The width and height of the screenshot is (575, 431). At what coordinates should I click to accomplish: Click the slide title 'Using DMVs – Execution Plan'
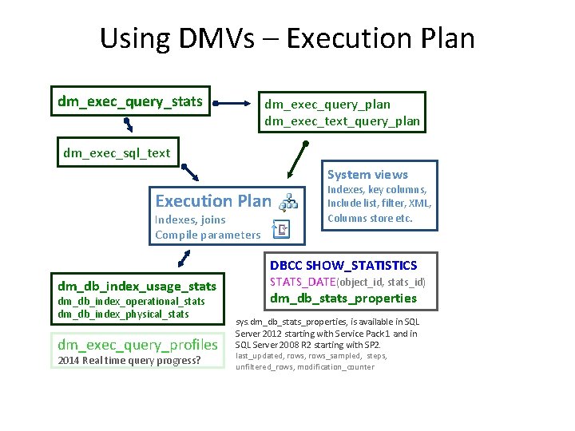287,38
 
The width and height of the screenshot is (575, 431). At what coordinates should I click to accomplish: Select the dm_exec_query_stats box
130,101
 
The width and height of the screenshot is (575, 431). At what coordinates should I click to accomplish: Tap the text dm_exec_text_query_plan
342,121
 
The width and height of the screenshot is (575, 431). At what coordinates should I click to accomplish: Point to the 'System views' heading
367,174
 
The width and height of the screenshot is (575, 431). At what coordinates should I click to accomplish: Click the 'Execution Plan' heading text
213,201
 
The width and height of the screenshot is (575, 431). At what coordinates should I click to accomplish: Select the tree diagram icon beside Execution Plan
289,200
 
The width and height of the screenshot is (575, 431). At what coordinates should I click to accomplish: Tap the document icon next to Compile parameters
281,231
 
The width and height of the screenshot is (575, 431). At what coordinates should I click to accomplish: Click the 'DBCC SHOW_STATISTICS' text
343,265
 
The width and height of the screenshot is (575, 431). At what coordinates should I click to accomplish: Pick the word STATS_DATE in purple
303,282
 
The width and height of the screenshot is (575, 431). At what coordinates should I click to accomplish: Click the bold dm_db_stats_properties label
343,299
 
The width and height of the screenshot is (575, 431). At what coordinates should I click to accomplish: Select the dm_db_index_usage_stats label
137,286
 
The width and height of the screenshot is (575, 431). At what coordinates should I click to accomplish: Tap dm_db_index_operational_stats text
131,302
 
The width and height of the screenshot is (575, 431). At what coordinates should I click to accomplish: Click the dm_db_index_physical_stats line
123,314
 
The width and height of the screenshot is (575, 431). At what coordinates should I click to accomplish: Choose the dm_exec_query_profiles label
137,345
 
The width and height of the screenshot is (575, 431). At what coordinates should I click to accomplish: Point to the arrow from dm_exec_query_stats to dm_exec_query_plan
232,102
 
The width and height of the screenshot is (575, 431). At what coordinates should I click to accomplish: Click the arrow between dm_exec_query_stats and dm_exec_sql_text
127,124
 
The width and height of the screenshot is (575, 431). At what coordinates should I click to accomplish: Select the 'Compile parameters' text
208,235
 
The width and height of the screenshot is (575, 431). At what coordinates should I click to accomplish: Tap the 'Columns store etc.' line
370,218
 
